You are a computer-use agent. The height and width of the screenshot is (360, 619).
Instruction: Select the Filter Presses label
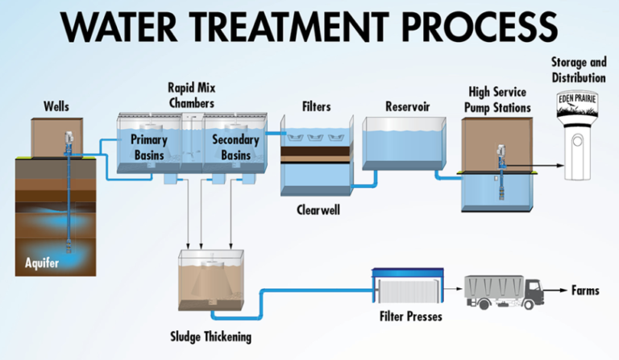coord(410,317)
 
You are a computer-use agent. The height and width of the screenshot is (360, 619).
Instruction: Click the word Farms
coord(585,290)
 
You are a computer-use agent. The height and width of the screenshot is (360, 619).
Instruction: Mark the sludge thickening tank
coord(209,283)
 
